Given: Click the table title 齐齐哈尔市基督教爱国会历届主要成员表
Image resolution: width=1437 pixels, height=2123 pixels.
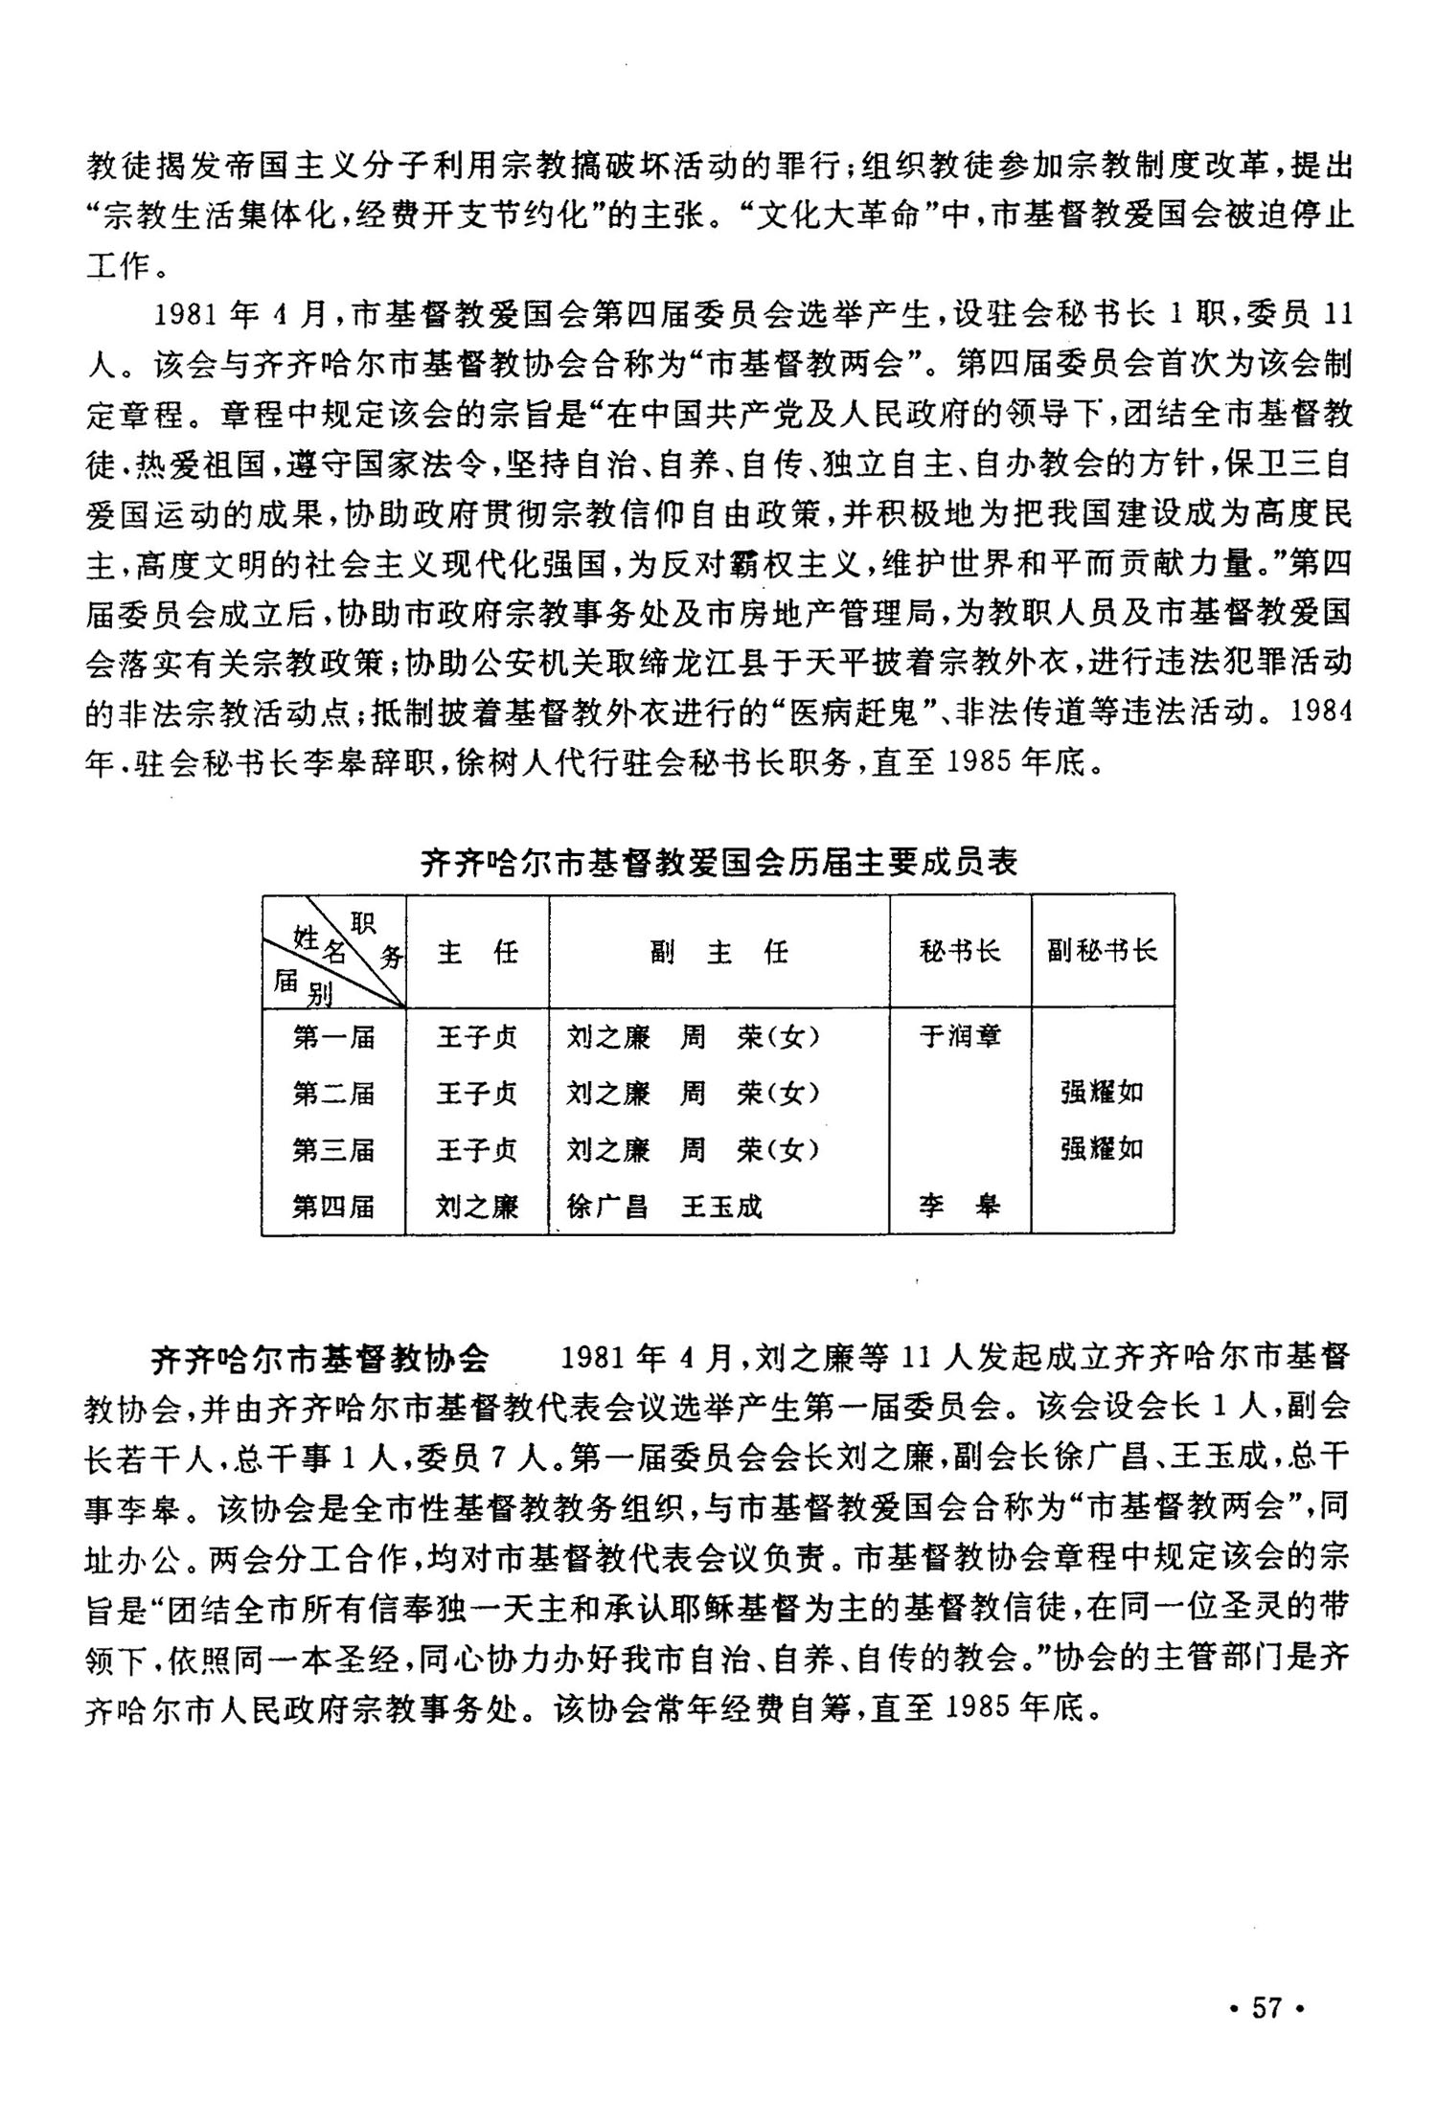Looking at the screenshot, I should point(718,864).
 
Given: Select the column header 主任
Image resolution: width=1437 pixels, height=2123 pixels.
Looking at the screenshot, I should point(477,952).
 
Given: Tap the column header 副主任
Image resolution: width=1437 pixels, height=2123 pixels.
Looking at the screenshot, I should point(718,952).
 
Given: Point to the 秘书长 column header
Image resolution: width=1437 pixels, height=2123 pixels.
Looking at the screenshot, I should point(960,951).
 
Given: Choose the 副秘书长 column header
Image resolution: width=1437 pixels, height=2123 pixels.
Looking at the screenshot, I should point(1102,951).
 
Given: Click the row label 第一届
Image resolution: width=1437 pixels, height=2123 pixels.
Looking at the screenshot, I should point(333,1037).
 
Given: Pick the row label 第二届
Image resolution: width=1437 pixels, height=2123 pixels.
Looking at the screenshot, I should point(333,1094).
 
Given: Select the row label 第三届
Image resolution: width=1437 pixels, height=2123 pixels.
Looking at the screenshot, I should point(333,1150).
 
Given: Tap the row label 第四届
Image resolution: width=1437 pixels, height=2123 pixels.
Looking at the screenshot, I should point(333,1207).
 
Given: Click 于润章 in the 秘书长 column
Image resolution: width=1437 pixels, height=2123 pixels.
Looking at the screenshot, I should point(960,1037).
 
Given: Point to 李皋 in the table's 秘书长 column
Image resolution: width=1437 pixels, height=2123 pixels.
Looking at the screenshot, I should point(960,1207).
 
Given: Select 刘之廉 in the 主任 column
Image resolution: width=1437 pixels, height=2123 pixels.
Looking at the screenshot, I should point(477,1207).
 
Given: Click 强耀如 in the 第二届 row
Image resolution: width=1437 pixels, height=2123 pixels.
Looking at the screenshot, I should point(1102,1094).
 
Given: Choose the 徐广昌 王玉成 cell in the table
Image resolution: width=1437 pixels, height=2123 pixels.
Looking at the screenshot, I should point(665,1207).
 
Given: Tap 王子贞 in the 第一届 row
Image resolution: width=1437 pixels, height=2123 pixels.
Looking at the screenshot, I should point(477,1037).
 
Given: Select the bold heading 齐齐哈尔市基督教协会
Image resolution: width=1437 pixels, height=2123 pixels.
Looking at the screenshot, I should point(320,1358).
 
